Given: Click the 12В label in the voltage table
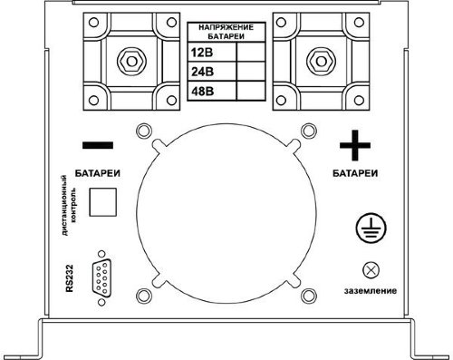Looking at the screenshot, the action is click(202, 53).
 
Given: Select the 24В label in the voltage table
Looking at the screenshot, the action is click(202, 72).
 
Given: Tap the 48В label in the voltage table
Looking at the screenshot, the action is click(202, 91).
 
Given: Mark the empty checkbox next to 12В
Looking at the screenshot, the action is click(251, 52).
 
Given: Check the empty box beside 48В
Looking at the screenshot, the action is click(251, 91).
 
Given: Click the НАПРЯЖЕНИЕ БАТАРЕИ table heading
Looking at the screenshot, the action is click(226, 32).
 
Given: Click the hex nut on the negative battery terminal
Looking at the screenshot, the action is click(131, 62).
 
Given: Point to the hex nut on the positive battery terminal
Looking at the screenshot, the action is click(321, 62).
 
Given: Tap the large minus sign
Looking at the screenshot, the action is click(98, 145).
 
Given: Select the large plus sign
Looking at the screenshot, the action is click(355, 145).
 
